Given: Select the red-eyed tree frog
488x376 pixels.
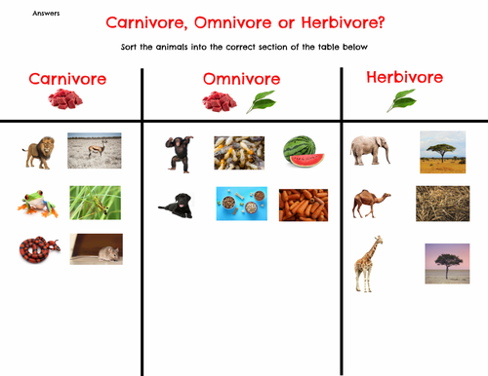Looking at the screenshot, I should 35,204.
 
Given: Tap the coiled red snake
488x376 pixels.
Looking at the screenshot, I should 35,250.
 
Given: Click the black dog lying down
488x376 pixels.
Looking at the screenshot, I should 179,205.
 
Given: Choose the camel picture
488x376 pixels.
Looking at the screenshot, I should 371,204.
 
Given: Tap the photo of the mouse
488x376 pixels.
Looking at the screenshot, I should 96,249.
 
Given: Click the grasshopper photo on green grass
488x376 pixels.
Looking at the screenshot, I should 95,203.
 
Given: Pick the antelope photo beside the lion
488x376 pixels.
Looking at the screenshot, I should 95,150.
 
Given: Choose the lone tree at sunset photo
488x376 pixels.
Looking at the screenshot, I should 446,263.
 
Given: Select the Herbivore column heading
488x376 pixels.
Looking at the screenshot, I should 404,77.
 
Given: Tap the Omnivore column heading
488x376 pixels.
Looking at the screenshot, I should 241,79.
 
